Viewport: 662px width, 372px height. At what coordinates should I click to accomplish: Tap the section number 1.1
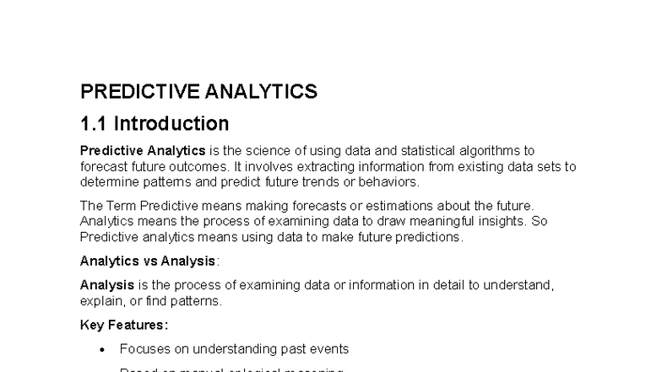(93, 124)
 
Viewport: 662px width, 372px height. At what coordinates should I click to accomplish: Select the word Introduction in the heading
(171, 124)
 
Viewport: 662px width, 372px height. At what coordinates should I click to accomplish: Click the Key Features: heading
(124, 325)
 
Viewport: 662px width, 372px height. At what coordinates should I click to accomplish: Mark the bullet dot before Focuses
(102, 349)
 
